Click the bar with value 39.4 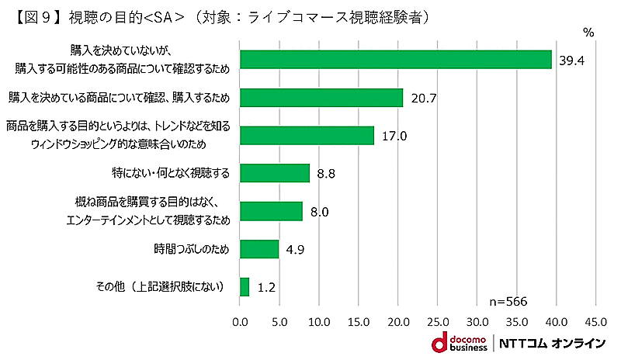tap(396, 60)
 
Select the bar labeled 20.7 tap(321, 98)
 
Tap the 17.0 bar tap(307, 136)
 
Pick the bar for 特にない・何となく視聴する tap(275, 173)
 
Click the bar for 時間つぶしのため tap(259, 249)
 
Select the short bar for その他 tap(245, 287)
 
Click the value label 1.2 tap(267, 288)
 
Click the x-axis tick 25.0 tap(438, 320)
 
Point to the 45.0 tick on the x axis tap(595, 320)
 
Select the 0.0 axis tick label tap(240, 320)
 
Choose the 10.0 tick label tap(319, 320)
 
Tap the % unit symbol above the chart tap(588, 32)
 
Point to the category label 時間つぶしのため tap(192, 249)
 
